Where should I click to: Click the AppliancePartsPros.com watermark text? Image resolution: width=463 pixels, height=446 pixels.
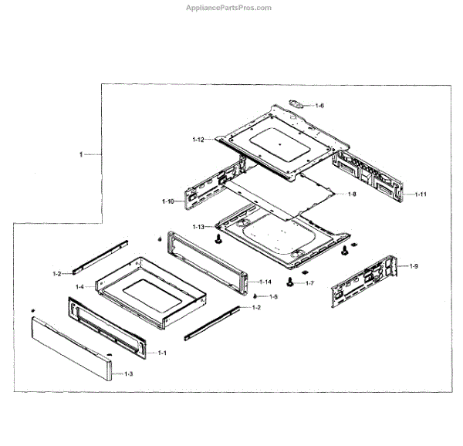(229, 8)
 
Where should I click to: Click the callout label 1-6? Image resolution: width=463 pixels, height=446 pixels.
(319, 105)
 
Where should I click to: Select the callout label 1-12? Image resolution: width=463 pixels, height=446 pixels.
(198, 140)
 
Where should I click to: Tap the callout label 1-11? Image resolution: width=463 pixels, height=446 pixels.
(421, 194)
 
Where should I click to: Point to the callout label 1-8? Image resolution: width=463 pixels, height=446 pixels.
(351, 194)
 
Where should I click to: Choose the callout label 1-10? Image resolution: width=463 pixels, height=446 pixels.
(168, 201)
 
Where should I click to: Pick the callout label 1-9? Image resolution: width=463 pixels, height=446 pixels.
(414, 266)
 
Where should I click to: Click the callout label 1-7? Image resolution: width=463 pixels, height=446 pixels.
(309, 283)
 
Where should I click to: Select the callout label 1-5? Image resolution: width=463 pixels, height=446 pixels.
(272, 297)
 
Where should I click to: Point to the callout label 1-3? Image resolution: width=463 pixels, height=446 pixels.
(128, 374)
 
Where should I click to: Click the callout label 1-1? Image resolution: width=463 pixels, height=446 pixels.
(162, 353)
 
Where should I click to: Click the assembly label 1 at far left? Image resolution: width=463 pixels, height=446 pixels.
(81, 155)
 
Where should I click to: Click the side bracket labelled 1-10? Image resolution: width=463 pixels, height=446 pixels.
(203, 194)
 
